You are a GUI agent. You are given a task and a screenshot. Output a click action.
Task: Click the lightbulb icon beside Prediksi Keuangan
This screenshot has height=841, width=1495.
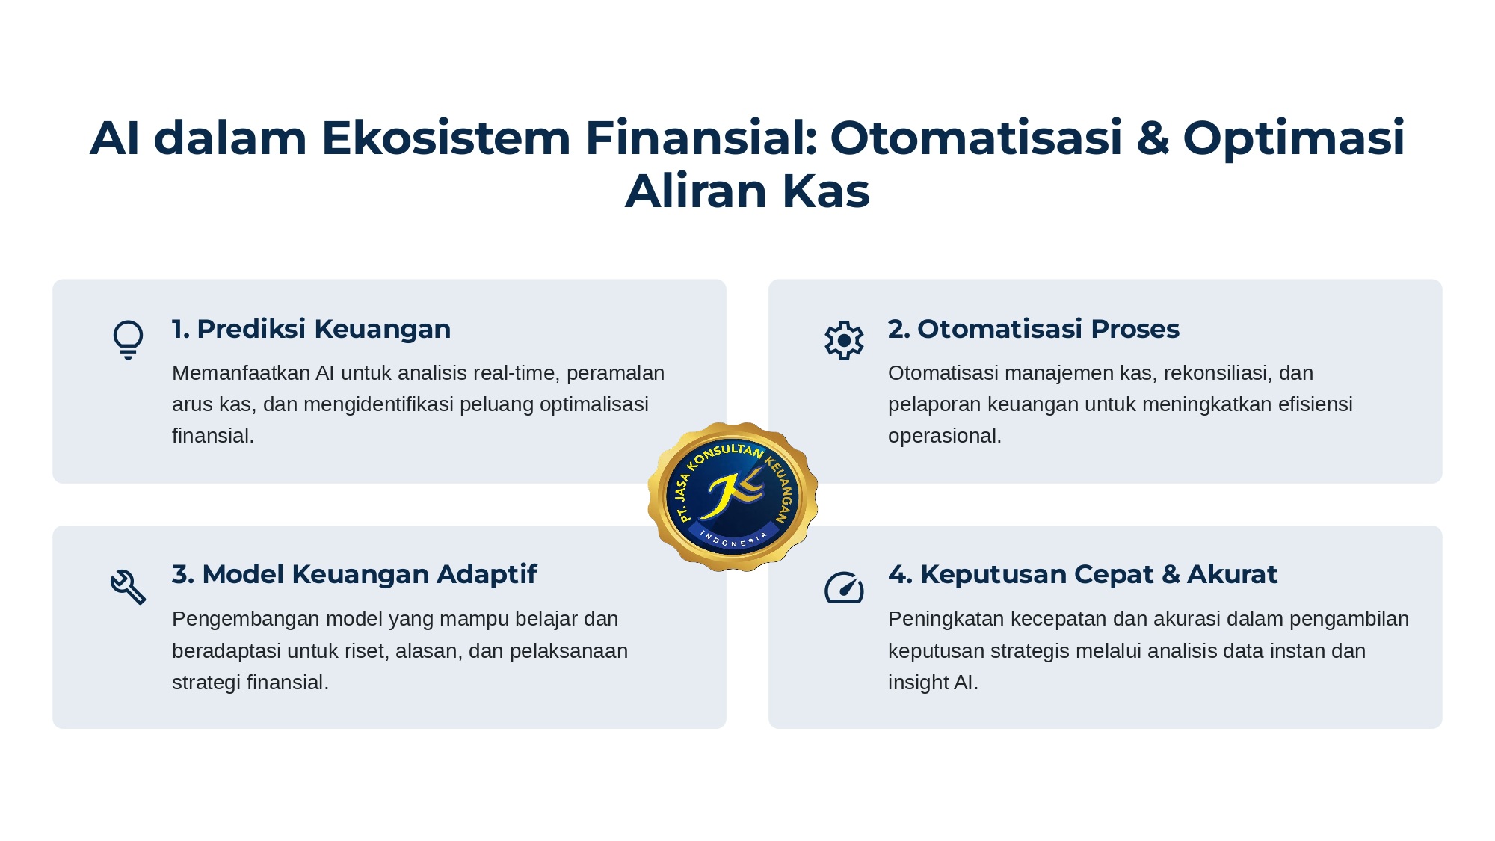(128, 340)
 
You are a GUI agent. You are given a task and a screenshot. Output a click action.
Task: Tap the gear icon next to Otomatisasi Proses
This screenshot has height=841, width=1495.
(844, 340)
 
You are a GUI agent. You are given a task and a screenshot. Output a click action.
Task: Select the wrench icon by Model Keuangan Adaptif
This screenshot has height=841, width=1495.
(128, 587)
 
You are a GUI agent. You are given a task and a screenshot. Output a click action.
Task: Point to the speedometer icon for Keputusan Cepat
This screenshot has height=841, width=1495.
(844, 587)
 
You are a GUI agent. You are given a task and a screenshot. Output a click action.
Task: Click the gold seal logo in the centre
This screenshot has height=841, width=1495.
(733, 496)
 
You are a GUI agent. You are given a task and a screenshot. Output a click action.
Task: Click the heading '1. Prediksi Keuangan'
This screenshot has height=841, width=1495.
(311, 329)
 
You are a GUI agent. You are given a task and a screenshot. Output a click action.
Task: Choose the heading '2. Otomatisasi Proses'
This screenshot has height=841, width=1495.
(1033, 329)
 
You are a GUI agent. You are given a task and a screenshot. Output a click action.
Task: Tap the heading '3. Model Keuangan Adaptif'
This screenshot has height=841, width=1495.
(354, 574)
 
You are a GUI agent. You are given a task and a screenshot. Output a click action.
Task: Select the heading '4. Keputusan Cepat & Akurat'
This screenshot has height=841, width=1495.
(1082, 574)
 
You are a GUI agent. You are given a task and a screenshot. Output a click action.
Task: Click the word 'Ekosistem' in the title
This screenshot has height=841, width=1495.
(446, 138)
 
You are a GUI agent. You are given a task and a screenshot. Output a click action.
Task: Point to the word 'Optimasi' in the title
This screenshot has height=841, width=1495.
(1293, 139)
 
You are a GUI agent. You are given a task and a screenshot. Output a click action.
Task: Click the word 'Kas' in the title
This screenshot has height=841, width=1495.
(825, 191)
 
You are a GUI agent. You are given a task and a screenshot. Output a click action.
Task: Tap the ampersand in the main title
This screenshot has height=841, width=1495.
(1153, 138)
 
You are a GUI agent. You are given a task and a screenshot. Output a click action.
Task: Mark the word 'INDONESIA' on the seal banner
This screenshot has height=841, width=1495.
(733, 540)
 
